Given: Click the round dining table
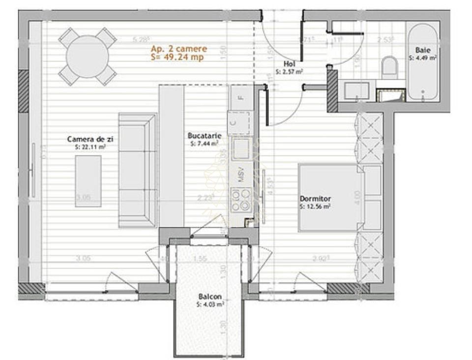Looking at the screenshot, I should [x=87, y=56].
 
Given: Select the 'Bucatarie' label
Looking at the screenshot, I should [x=204, y=136].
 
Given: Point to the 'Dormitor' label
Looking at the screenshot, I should [x=315, y=199].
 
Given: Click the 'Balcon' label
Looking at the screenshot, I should [x=210, y=297].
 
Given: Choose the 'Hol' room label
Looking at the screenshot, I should [x=289, y=64].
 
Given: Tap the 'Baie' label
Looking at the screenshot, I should [x=422, y=50].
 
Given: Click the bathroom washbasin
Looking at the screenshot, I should [x=356, y=91].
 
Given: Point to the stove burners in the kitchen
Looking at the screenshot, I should [x=241, y=200].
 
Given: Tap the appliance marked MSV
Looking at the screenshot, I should [x=241, y=176].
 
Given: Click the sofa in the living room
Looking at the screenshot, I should [x=137, y=170].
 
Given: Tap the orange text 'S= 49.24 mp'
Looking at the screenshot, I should [x=177, y=57].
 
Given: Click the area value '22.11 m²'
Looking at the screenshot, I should [x=90, y=147].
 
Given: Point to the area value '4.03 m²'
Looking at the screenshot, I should [x=211, y=304].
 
